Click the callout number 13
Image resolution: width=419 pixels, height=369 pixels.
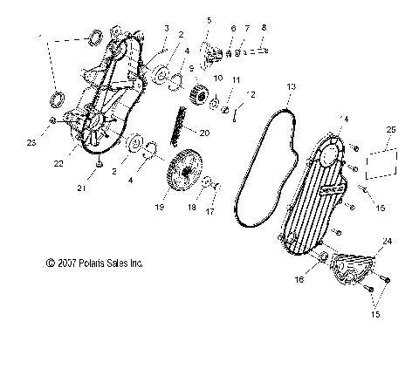[292, 86]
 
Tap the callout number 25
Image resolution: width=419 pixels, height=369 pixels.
[389, 129]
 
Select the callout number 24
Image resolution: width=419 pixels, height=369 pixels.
[387, 240]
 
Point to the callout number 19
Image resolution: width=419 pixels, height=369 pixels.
[184, 208]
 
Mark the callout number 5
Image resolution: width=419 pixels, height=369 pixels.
[209, 19]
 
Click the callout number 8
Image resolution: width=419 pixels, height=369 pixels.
[264, 29]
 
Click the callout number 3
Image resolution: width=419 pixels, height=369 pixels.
[166, 29]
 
